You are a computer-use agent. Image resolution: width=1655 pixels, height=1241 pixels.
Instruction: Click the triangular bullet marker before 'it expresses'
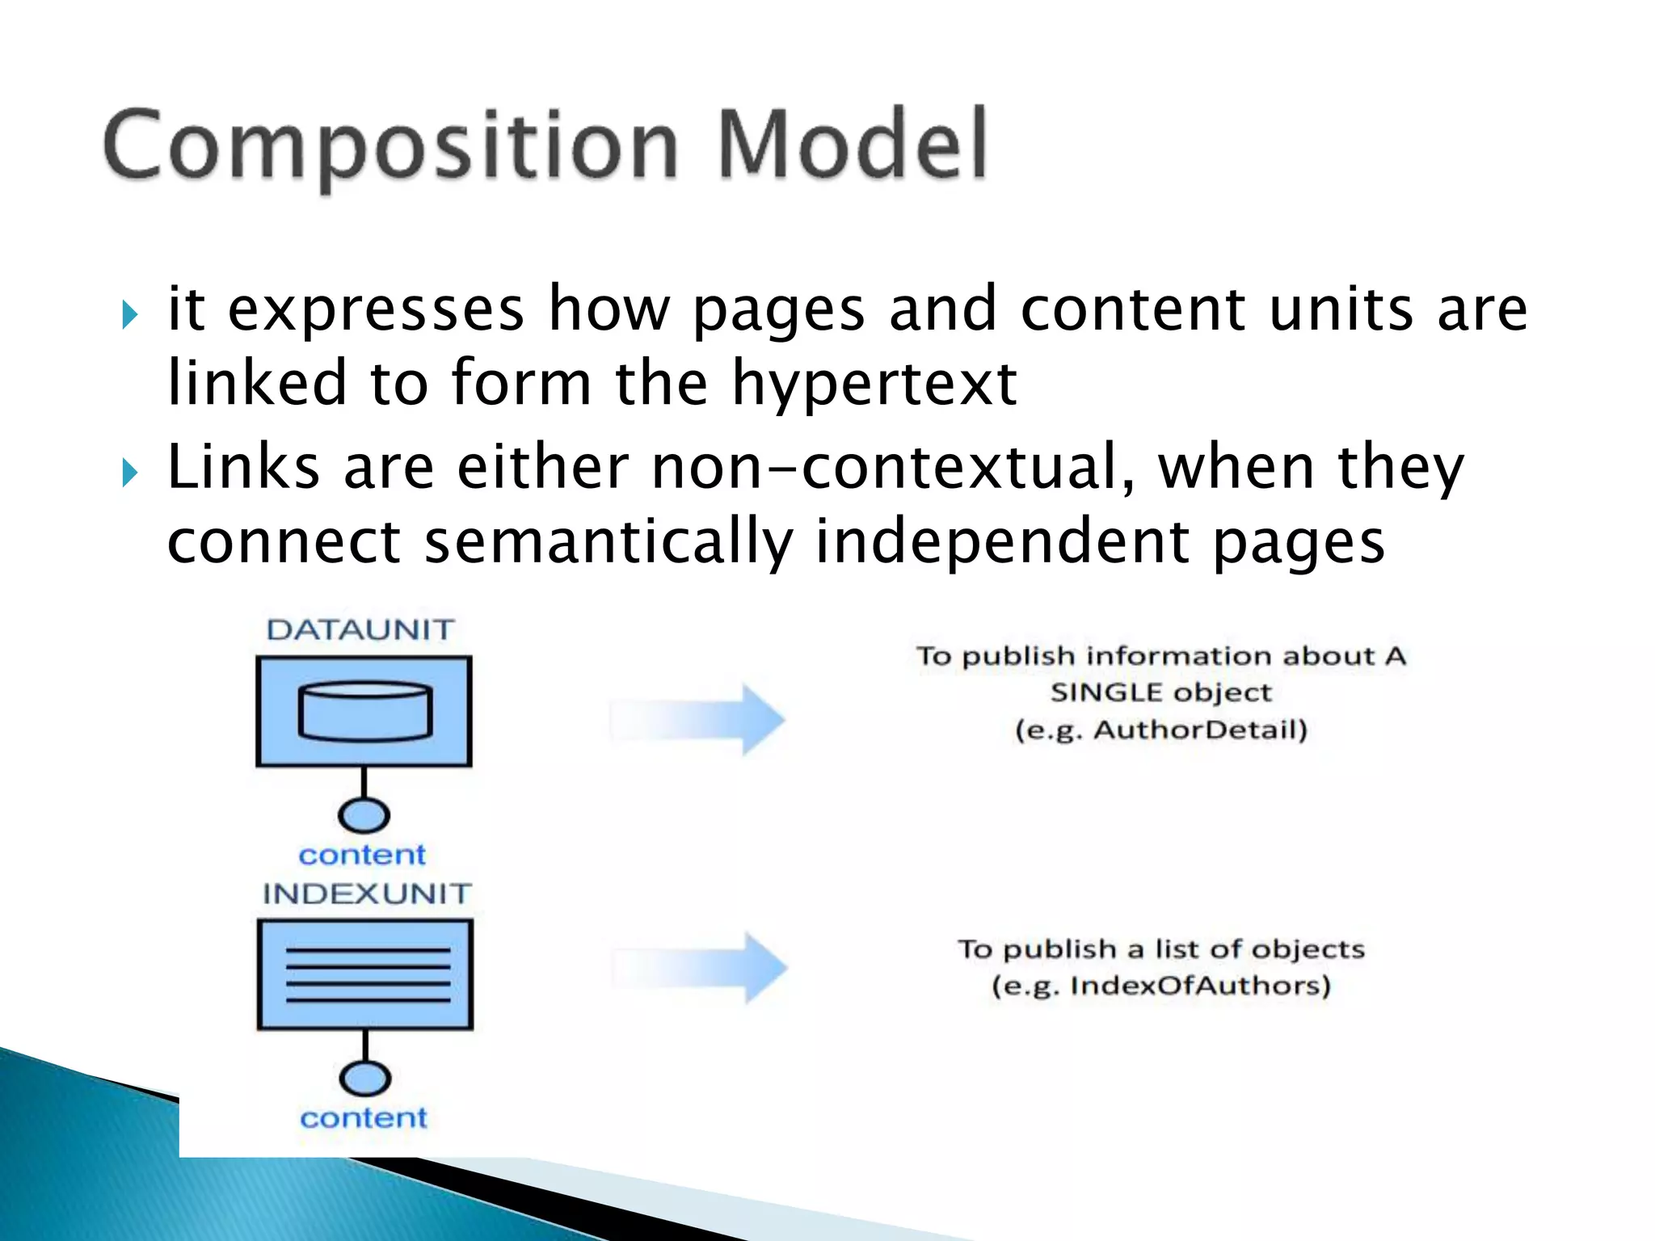130,314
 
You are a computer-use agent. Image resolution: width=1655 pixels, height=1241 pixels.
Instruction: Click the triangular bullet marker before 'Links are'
130,472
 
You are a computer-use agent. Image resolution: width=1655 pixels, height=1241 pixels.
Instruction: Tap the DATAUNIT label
360,630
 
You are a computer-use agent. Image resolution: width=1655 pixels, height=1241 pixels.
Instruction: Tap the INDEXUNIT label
367,894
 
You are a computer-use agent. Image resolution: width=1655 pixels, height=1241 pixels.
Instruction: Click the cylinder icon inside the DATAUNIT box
364,712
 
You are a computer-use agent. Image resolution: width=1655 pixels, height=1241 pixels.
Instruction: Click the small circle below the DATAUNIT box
364,815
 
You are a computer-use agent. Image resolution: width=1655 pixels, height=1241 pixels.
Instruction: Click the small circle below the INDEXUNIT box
365,1079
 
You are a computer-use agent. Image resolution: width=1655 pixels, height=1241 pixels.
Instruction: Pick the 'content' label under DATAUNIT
362,855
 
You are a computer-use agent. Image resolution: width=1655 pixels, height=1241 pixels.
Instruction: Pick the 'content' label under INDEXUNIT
364,1118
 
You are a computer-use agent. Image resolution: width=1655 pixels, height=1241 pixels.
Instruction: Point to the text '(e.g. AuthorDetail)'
1161,730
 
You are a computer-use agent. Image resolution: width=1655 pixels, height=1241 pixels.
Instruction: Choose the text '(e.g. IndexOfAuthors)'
1161,986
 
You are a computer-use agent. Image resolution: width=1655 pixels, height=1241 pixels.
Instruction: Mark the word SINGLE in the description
1105,693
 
